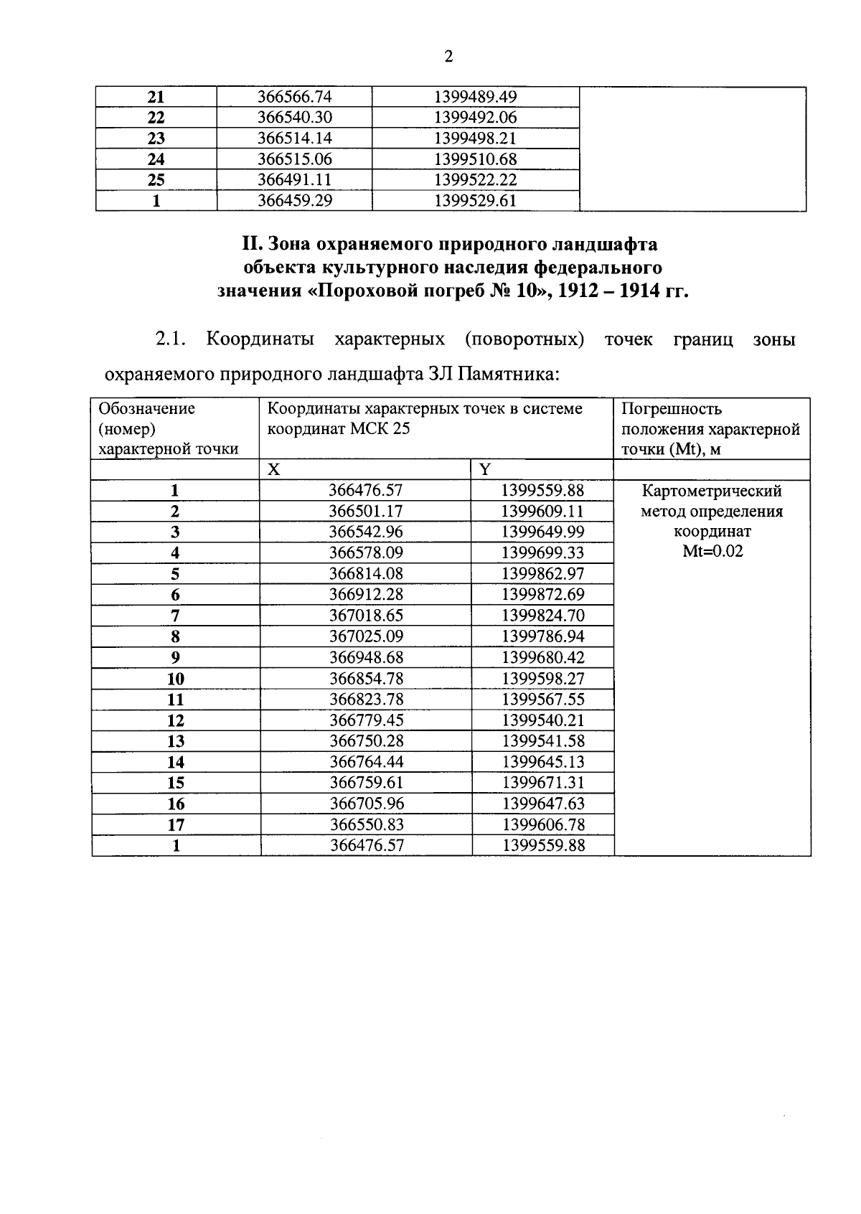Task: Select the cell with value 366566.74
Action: tap(295, 97)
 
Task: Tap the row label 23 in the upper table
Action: tap(156, 138)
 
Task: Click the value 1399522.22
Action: tap(476, 180)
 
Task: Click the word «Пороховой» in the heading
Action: tap(366, 291)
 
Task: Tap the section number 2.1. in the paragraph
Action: tap(170, 339)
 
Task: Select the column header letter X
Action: tap(274, 470)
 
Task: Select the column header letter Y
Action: tap(485, 470)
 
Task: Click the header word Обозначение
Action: tap(147, 409)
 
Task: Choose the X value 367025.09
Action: tap(366, 636)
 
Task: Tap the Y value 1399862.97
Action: tap(542, 574)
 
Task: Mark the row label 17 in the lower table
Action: tap(176, 825)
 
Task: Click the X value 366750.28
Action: tap(366, 741)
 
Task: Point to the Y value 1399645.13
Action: tap(542, 762)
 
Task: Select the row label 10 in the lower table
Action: tap(176, 679)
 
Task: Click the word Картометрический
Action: tap(712, 491)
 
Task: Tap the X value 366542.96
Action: tap(366, 532)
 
